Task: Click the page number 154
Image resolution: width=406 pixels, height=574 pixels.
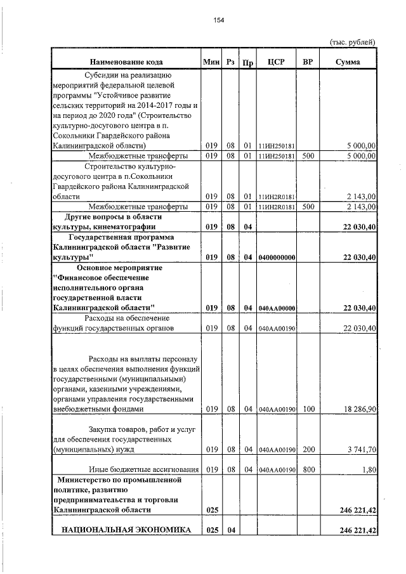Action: tap(218, 20)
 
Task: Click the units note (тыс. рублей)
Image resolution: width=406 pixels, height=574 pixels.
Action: tap(353, 42)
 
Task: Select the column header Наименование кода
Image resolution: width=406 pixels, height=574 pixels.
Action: tap(126, 62)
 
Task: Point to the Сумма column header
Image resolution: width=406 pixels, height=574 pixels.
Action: tap(348, 62)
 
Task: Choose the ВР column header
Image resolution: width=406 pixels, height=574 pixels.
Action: tap(308, 62)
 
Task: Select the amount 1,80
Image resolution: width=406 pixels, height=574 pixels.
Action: tap(370, 469)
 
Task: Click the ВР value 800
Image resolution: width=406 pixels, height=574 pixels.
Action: tap(309, 469)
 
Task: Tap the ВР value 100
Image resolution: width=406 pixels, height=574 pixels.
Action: tap(309, 410)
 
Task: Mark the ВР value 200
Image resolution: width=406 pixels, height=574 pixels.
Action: tap(309, 450)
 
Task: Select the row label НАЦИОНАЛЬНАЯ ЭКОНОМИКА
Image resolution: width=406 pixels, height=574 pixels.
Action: tap(126, 530)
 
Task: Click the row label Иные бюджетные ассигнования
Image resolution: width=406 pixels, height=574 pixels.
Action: tap(145, 469)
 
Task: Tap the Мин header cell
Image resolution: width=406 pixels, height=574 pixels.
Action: tap(211, 62)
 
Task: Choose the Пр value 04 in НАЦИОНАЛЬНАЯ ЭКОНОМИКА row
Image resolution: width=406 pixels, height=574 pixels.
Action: tap(232, 530)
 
